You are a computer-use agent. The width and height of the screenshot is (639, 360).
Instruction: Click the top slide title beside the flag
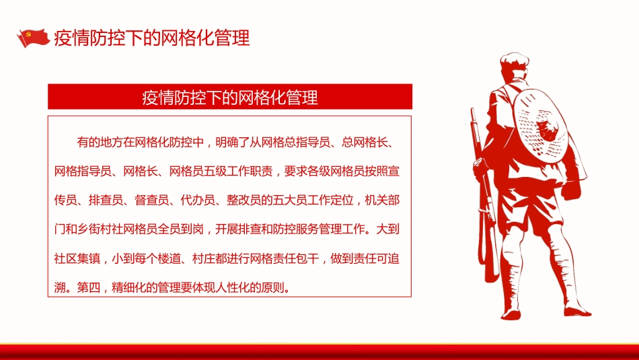pyautogui.click(x=151, y=38)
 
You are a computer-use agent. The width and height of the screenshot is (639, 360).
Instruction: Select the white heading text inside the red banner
pyautogui.click(x=229, y=98)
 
